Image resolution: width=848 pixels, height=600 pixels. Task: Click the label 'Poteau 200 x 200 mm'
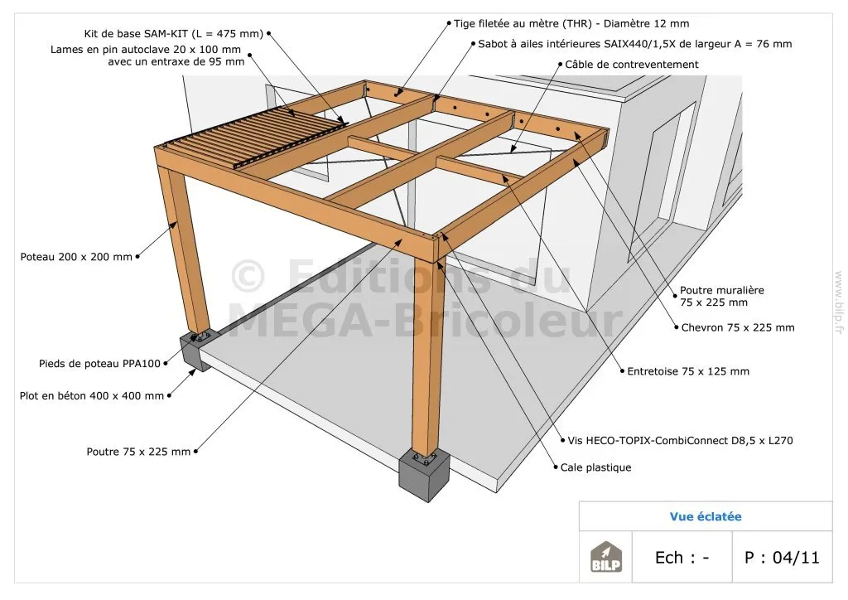(76, 257)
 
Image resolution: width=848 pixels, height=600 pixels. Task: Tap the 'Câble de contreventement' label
(632, 65)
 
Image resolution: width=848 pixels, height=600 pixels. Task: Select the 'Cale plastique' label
(595, 467)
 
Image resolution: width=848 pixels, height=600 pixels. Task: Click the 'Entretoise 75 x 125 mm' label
(688, 371)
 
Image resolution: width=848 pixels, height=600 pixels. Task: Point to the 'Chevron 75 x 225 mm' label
(738, 327)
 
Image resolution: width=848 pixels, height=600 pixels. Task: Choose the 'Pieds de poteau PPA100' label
(99, 364)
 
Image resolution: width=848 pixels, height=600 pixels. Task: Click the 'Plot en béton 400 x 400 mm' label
(91, 396)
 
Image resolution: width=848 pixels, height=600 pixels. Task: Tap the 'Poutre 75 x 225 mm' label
(138, 452)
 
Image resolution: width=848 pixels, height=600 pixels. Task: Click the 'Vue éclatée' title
(706, 516)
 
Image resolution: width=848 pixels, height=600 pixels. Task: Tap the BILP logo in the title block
(605, 557)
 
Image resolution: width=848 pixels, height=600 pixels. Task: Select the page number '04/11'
(796, 557)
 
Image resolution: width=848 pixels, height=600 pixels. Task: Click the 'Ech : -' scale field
(682, 557)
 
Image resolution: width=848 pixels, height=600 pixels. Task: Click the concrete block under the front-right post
(425, 475)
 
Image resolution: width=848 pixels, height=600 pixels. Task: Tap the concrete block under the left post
(199, 350)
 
